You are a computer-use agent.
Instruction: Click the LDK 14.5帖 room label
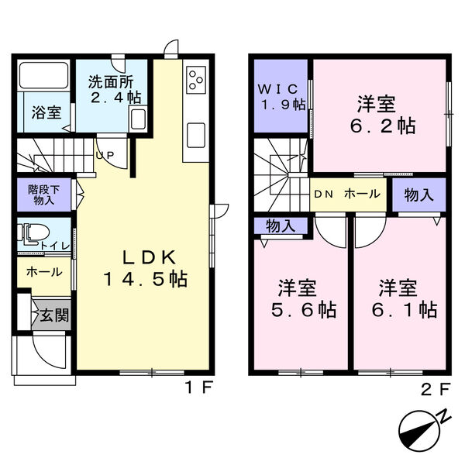point(145,268)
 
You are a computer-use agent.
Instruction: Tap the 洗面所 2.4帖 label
point(113,88)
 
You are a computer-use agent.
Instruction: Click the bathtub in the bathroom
point(43,75)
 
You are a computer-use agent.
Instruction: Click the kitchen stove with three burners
point(195,80)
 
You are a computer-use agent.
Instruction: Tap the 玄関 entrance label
point(51,315)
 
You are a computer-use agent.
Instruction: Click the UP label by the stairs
point(105,155)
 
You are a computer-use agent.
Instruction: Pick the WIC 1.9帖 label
point(281,95)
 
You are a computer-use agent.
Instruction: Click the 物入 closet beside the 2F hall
point(419,195)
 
